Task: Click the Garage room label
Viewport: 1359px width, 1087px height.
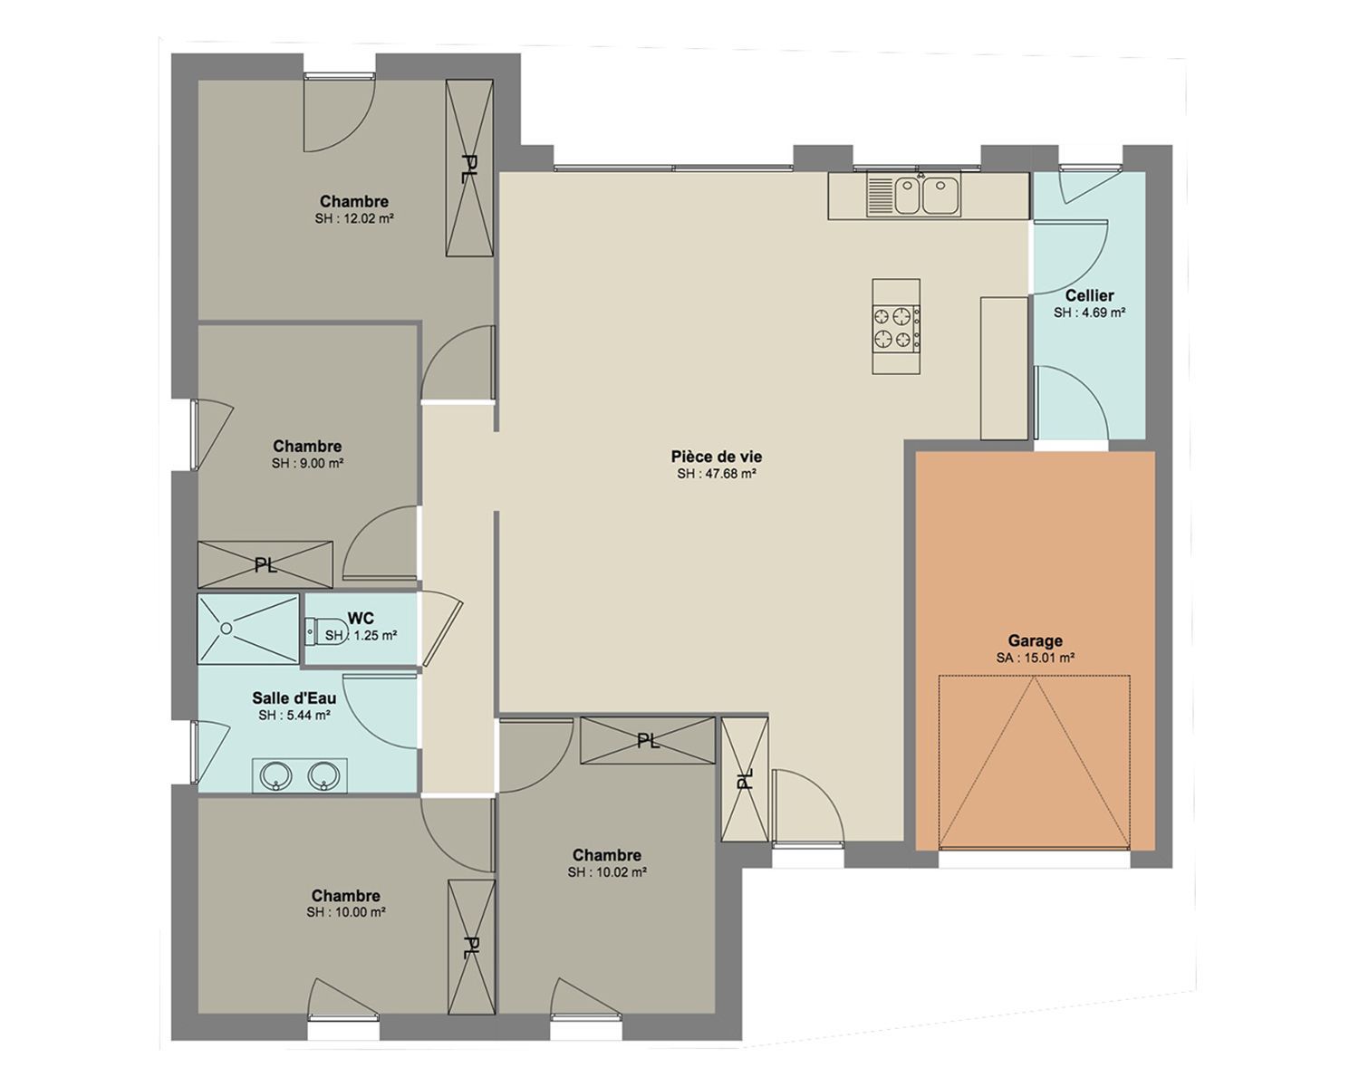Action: (1035, 640)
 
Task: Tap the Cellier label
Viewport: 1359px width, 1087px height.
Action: (1089, 295)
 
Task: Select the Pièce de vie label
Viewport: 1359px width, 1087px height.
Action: (716, 456)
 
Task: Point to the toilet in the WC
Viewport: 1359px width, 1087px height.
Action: (326, 631)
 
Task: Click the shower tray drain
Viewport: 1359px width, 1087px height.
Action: (226, 628)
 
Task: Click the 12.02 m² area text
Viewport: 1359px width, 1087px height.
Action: (354, 218)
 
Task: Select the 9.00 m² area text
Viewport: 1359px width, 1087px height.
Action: (307, 463)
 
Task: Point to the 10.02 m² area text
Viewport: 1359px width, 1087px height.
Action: (607, 872)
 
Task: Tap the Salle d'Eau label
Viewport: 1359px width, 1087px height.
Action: (294, 697)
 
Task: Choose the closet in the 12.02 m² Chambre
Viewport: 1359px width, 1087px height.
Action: (469, 168)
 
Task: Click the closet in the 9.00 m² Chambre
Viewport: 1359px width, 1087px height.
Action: (265, 564)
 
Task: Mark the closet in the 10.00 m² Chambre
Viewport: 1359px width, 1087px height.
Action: (471, 947)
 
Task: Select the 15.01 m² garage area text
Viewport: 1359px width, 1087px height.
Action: (1036, 658)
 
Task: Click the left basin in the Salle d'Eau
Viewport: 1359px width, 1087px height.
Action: (275, 775)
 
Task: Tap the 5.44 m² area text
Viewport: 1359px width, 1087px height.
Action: (294, 716)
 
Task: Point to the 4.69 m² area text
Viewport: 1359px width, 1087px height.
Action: (1090, 313)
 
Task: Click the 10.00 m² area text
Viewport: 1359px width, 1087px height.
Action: (346, 913)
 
